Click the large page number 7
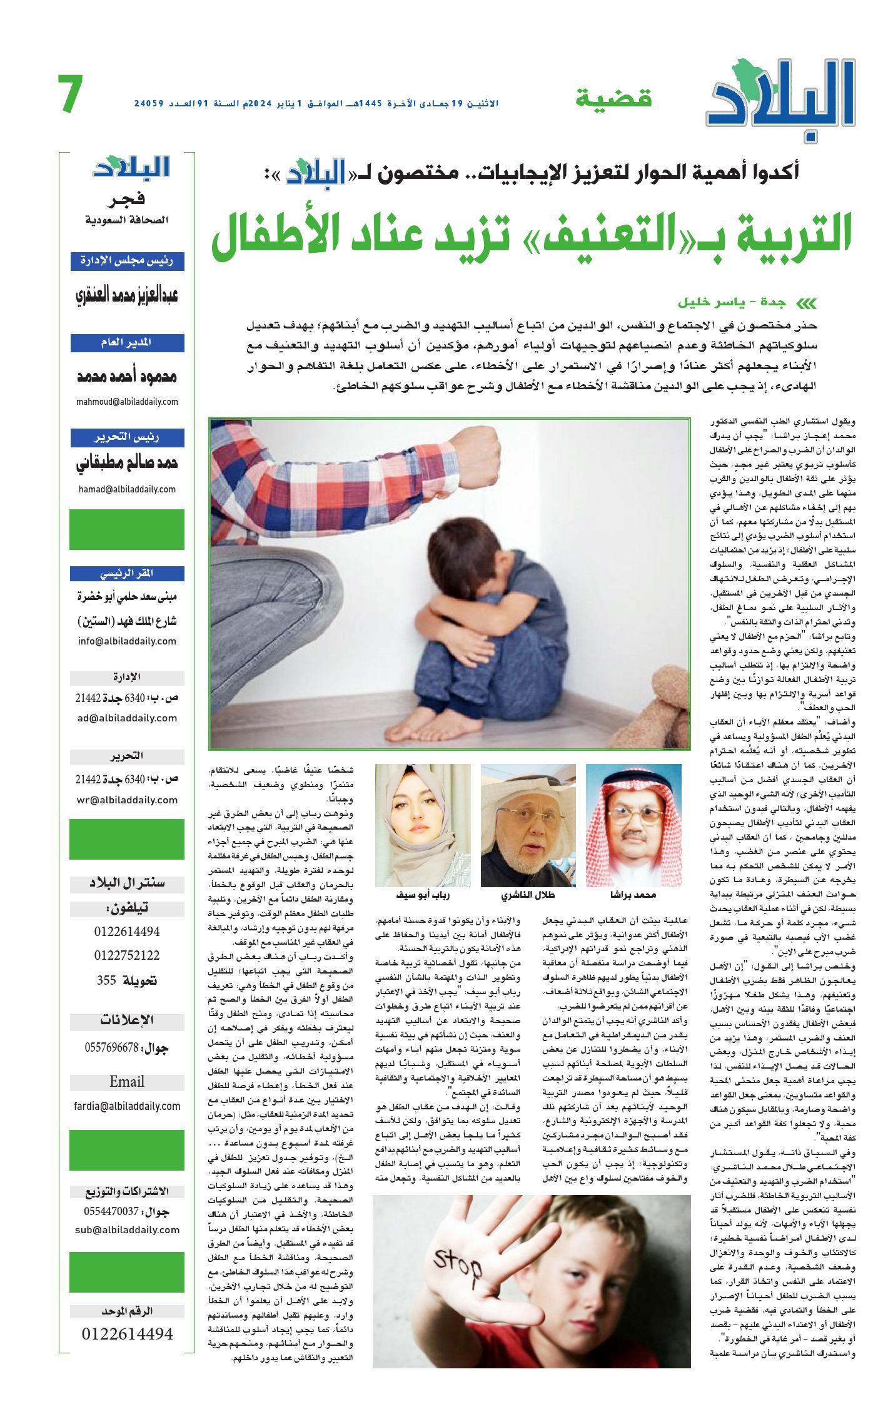pos(70,94)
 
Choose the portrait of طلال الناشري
pos(528,825)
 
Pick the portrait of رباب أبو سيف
pos(423,825)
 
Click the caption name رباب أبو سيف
pos(423,895)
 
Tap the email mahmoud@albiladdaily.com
pos(127,402)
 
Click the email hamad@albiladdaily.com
pos(127,489)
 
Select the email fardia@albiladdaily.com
pos(127,1106)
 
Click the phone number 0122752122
pos(127,955)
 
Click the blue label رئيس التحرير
pos(127,437)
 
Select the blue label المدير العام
pos(127,343)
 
